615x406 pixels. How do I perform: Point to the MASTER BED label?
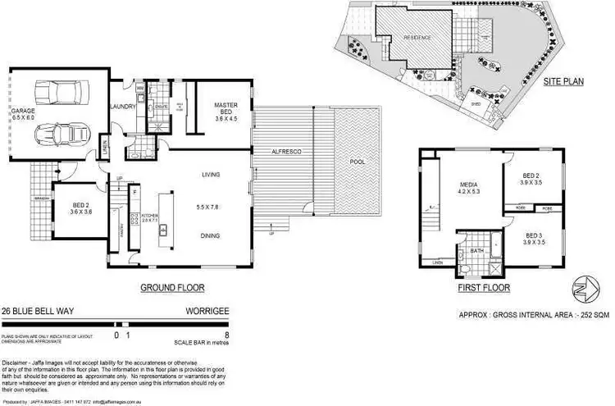coord(225,106)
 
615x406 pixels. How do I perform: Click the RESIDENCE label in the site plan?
coord(417,38)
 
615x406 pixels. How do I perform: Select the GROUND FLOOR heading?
coord(172,288)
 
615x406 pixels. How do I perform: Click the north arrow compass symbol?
coord(582,289)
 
